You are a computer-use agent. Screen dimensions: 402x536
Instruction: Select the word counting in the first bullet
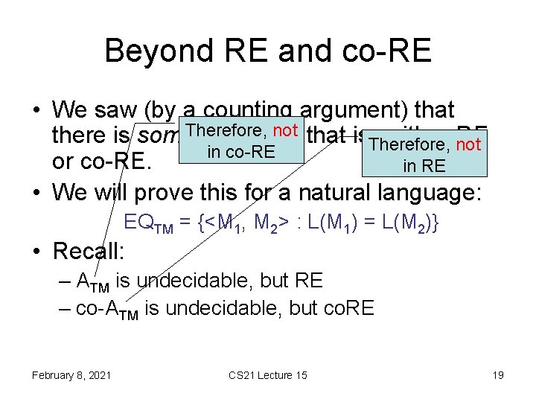pos(247,110)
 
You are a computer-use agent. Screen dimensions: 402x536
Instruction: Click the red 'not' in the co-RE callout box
pos(286,131)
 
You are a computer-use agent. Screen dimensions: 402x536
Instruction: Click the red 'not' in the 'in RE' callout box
pos(468,144)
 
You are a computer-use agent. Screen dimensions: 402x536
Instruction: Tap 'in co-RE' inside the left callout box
pos(241,153)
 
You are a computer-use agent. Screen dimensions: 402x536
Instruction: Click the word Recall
pos(89,251)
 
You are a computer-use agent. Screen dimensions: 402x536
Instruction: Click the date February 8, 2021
pos(71,374)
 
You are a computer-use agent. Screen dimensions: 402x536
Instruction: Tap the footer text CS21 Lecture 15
pos(269,374)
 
